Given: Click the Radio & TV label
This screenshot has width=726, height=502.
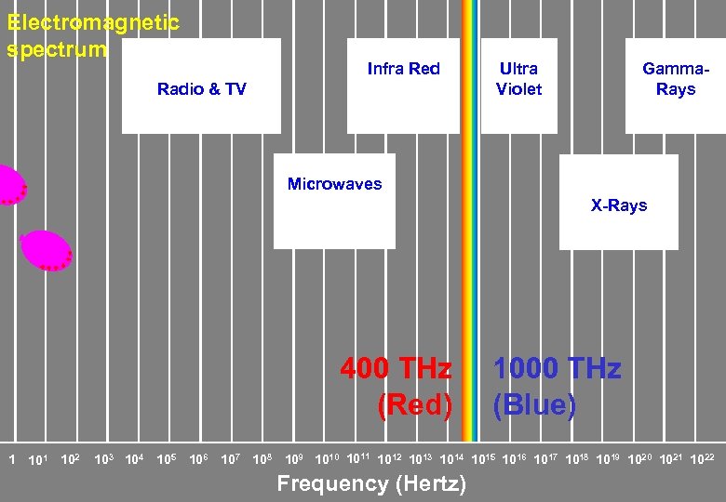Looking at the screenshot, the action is [201, 89].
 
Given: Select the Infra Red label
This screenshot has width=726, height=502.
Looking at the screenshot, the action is [403, 69].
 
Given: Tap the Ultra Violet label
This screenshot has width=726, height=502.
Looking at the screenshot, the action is [518, 79].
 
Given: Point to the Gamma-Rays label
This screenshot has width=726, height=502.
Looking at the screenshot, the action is [675, 79].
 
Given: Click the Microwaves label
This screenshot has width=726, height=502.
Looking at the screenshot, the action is [334, 184].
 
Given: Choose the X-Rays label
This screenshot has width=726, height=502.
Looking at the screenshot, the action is [619, 205].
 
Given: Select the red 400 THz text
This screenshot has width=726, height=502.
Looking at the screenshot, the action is [396, 369].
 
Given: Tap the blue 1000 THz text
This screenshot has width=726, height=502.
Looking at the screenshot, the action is [557, 369].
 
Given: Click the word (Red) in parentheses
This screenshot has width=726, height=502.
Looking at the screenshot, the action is [414, 405].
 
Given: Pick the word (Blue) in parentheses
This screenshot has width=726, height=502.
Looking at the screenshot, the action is [534, 405].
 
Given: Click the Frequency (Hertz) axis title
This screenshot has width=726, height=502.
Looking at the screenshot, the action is [371, 483].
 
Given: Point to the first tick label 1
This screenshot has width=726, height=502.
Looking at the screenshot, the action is [11, 458].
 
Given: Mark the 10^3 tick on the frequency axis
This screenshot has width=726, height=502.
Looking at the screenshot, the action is [103, 458].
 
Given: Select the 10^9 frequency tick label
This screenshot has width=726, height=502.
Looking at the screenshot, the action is [294, 458].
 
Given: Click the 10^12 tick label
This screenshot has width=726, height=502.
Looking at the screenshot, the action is [390, 458].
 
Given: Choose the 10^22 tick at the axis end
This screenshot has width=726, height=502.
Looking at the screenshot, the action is [703, 458].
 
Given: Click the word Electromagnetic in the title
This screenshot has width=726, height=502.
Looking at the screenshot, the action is [92, 22].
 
